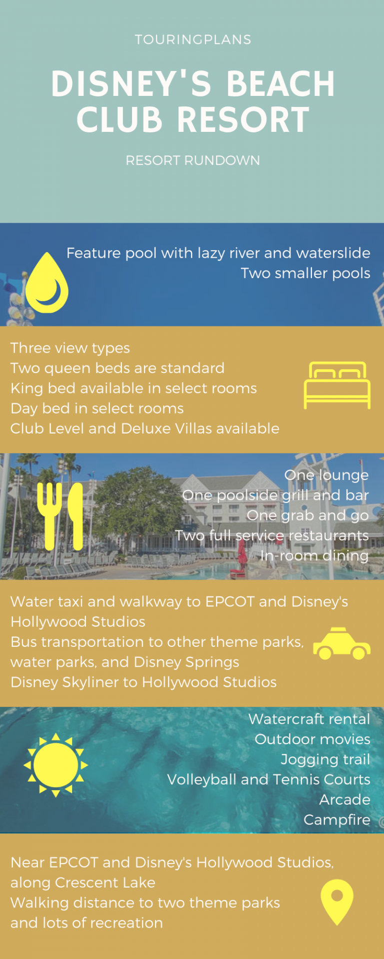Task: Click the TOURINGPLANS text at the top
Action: pyautogui.click(x=193, y=40)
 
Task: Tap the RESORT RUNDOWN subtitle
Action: pyautogui.click(x=193, y=160)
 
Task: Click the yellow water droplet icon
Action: pyautogui.click(x=47, y=284)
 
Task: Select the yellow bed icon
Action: pyautogui.click(x=337, y=385)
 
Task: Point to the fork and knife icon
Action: pyautogui.click(x=60, y=516)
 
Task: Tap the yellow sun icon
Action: pyautogui.click(x=55, y=765)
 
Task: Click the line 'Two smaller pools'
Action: pyautogui.click(x=305, y=273)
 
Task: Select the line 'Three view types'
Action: pyautogui.click(x=70, y=348)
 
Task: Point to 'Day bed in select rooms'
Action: pyautogui.click(x=97, y=409)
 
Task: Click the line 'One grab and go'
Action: pyautogui.click(x=307, y=515)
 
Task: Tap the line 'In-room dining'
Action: pyautogui.click(x=314, y=555)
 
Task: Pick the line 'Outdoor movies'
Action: pyautogui.click(x=312, y=739)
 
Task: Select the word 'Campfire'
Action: pyautogui.click(x=336, y=820)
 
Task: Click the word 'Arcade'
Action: pyautogui.click(x=344, y=800)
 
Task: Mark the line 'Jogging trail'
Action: pyautogui.click(x=325, y=760)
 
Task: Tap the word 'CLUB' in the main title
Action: pyautogui.click(x=119, y=120)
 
